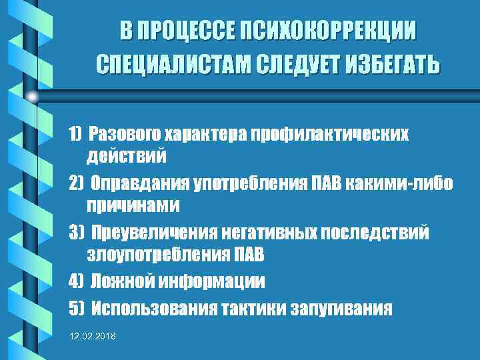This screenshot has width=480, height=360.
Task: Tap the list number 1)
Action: point(75,134)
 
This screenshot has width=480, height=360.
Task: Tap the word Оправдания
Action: point(133,183)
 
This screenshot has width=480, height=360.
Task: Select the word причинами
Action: point(133,205)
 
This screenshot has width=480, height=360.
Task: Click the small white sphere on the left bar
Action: point(32,96)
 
